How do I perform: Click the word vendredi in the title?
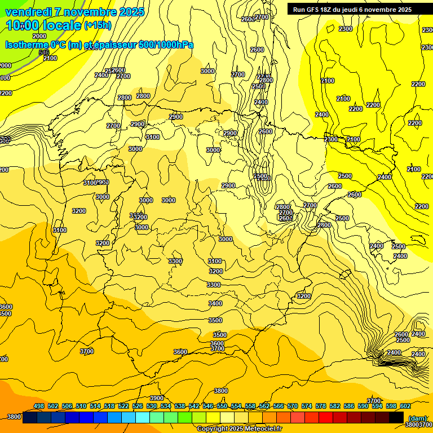pyautogui.click(x=29, y=12)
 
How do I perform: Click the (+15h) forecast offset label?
pyautogui.click(x=98, y=25)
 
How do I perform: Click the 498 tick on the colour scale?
pyautogui.click(x=39, y=407)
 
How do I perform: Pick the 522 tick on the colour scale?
pyautogui.click(x=123, y=407)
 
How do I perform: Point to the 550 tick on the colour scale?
pyautogui.click(x=222, y=407)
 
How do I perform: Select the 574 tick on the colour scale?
pyautogui.click(x=307, y=407)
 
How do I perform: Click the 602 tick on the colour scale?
pyautogui.click(x=405, y=407)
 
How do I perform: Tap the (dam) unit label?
pyautogui.click(x=418, y=418)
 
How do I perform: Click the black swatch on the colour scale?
pyautogui.click(x=396, y=417)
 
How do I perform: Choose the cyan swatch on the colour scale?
pyautogui.click(x=143, y=417)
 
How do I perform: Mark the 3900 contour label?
pyautogui.click(x=157, y=399)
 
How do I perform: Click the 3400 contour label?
pyautogui.click(x=215, y=303)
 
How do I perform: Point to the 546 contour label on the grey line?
pyautogui.click(x=44, y=52)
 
